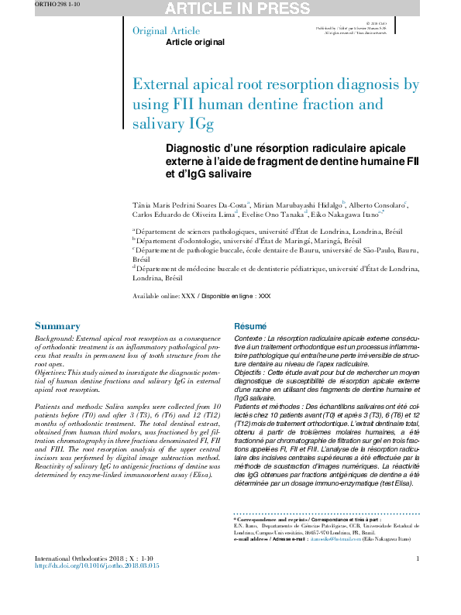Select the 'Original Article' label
(162, 31)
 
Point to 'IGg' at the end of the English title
(201, 123)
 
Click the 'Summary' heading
(57, 326)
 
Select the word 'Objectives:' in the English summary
(57, 373)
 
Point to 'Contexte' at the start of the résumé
(248, 339)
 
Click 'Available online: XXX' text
(163, 297)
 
